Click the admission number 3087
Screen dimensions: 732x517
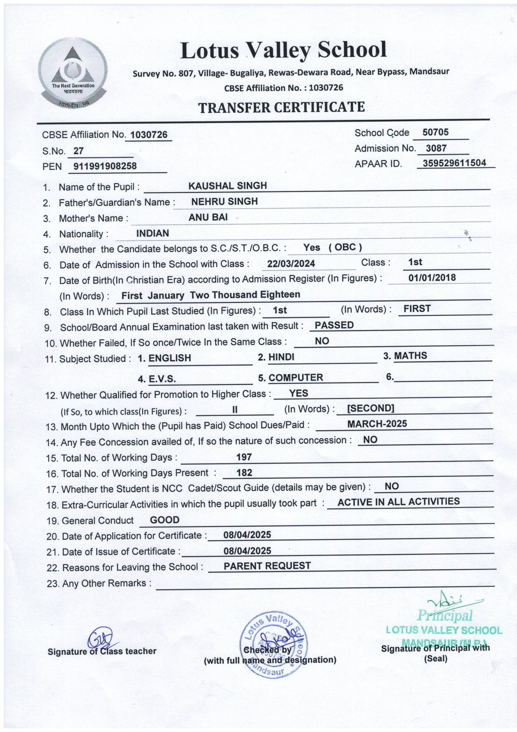point(436,148)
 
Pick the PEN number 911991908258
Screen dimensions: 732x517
point(105,166)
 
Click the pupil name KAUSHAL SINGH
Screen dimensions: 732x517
point(227,186)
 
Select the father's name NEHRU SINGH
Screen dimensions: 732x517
point(224,202)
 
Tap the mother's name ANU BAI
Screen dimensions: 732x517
point(208,217)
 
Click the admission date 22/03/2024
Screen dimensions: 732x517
point(291,264)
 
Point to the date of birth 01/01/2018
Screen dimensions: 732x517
point(432,278)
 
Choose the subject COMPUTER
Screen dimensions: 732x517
point(296,377)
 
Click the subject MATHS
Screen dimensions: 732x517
point(410,356)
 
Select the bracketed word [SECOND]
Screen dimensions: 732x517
point(370,408)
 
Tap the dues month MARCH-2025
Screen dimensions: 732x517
point(377,424)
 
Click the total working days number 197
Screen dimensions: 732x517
point(244,457)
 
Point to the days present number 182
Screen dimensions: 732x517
point(244,473)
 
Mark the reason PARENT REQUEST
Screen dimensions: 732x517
point(267,566)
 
